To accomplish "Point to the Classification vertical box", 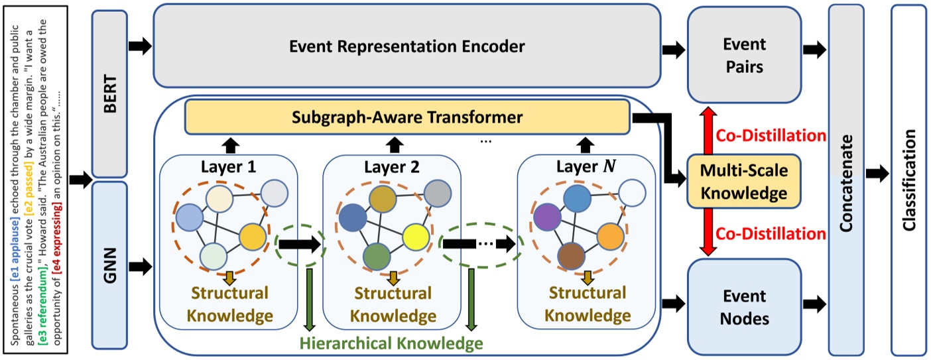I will point(908,179).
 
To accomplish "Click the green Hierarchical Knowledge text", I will point(391,343).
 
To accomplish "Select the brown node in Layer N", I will point(572,255).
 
